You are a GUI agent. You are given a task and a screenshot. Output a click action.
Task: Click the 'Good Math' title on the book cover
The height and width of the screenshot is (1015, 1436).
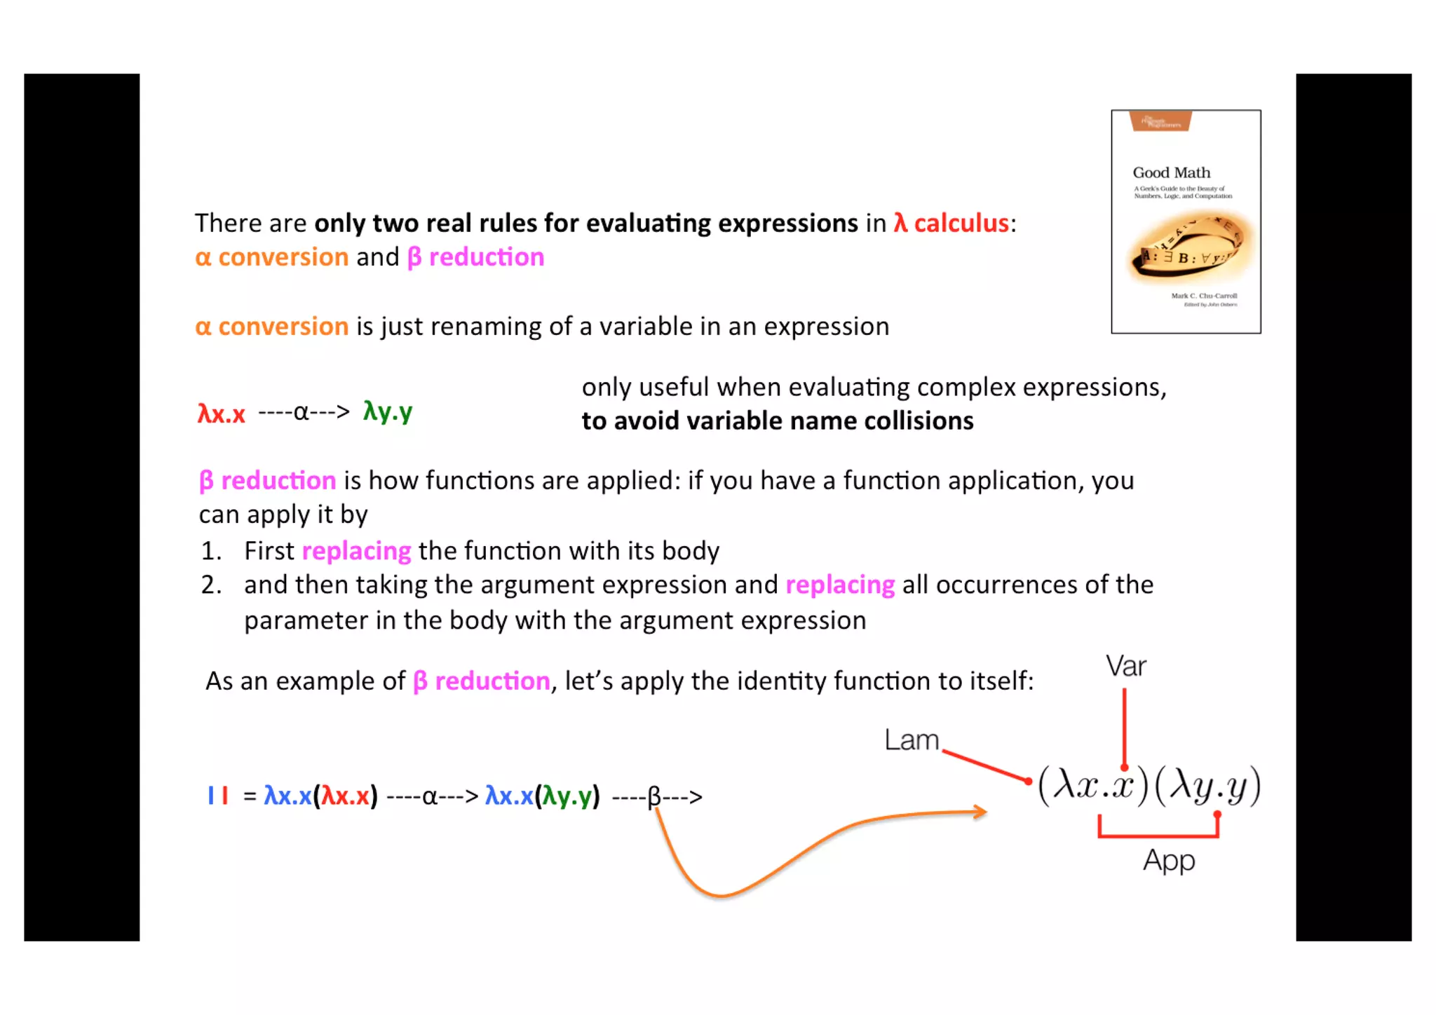click(1171, 172)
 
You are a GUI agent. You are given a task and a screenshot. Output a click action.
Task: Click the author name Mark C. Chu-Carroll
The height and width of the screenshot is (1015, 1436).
click(1203, 296)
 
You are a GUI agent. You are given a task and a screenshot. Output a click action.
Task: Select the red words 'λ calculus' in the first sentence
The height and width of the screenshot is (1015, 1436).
click(951, 223)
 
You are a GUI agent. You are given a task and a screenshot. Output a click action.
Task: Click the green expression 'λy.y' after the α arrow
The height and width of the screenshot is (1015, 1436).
click(387, 411)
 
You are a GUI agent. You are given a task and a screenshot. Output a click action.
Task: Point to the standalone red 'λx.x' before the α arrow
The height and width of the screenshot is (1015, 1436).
click(221, 414)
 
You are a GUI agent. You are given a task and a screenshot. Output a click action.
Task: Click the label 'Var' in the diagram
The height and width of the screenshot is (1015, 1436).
click(1125, 666)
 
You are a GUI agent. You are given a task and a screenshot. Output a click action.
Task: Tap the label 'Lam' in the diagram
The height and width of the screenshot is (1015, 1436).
click(911, 740)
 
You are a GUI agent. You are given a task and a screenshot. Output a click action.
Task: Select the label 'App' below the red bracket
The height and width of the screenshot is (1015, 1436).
click(1168, 860)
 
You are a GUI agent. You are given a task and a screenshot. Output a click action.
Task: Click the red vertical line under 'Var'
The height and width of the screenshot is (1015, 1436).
click(1124, 729)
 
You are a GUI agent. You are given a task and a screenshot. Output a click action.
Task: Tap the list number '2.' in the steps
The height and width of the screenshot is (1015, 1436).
click(211, 585)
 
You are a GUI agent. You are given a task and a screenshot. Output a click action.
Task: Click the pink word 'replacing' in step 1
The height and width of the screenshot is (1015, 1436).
click(356, 551)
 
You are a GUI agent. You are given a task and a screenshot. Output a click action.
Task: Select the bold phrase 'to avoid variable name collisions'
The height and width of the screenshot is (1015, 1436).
click(777, 421)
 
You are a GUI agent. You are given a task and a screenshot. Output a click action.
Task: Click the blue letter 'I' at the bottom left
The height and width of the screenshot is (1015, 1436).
click(210, 796)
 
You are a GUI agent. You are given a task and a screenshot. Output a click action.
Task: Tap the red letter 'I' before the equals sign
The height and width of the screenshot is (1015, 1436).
click(225, 796)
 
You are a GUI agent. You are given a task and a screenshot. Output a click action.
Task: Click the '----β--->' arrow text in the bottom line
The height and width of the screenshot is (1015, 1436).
click(656, 797)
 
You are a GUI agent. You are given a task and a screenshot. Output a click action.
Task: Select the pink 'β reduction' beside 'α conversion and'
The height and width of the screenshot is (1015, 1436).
click(475, 257)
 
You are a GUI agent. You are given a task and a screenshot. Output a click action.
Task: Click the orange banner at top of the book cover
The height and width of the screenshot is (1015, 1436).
click(1160, 121)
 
